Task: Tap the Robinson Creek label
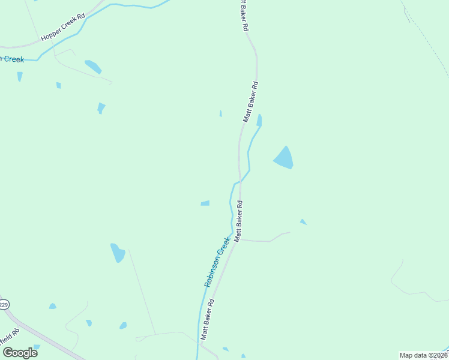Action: pos(217,262)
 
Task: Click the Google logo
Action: pos(20,353)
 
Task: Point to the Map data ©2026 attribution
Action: pos(424,355)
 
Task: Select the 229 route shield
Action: pos(3,305)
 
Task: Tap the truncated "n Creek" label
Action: pos(11,59)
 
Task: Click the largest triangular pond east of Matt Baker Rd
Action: pos(284,158)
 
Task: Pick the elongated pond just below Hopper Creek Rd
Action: pos(93,66)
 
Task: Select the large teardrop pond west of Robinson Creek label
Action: pos(118,253)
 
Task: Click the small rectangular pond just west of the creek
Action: pos(205,203)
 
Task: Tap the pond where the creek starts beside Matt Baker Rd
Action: pos(259,120)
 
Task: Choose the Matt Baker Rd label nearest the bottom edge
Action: pos(208,320)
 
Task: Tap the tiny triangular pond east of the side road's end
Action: pos(303,222)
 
